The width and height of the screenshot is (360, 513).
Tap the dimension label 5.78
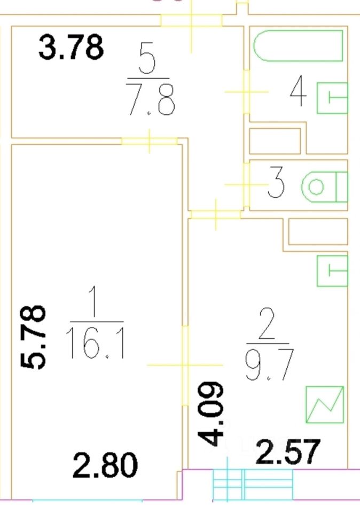tap(34, 337)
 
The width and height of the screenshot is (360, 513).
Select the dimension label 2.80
tap(105, 465)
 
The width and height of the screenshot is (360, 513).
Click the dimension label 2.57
tap(288, 452)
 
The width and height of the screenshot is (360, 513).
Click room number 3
tap(276, 183)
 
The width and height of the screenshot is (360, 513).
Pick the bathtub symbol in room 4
tap(298, 46)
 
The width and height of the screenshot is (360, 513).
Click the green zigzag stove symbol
tap(324, 405)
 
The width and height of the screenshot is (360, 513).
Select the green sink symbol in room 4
tap(332, 97)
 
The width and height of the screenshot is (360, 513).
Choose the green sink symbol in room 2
tap(332, 271)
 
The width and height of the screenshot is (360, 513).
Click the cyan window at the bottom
tap(253, 485)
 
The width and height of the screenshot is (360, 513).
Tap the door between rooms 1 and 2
tap(185, 366)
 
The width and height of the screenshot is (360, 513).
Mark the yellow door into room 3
tap(246, 185)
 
